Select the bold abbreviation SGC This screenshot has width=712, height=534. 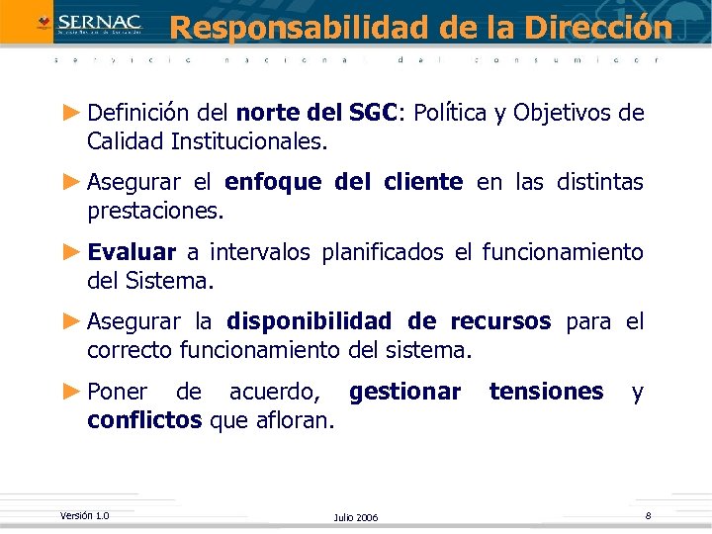point(373,113)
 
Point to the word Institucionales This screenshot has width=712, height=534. point(247,140)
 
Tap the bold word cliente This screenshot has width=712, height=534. point(421,182)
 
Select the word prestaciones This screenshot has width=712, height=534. point(155,210)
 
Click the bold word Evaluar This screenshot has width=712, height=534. point(132,252)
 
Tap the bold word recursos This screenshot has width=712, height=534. point(500,321)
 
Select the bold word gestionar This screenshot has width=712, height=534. point(404,392)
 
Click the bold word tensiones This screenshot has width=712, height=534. point(546,392)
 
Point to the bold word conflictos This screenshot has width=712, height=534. point(144,420)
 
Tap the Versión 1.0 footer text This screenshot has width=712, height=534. point(84,515)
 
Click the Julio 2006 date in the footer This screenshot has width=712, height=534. point(356,518)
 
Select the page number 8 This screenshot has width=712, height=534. point(648,515)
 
